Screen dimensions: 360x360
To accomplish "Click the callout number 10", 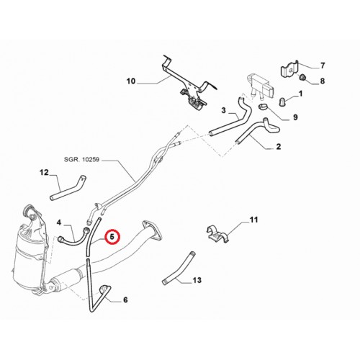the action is pyautogui.click(x=131, y=81).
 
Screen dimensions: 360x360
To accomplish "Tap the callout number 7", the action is pyautogui.click(x=323, y=66).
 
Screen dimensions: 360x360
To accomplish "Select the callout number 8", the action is pyautogui.click(x=323, y=81).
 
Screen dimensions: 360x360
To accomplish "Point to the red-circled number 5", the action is pyautogui.click(x=112, y=237).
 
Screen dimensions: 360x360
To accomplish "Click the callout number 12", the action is pyautogui.click(x=44, y=172).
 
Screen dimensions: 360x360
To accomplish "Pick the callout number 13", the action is pyautogui.click(x=197, y=280).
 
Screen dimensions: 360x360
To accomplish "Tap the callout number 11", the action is pyautogui.click(x=253, y=220).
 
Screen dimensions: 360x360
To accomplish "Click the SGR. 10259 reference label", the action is pyautogui.click(x=81, y=160).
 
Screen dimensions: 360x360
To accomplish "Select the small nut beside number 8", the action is pyautogui.click(x=303, y=77).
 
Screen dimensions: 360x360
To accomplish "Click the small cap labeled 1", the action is pyautogui.click(x=282, y=102).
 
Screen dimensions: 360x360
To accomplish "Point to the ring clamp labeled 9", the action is pyautogui.click(x=264, y=107).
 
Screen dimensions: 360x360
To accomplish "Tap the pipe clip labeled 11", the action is pyautogui.click(x=217, y=234).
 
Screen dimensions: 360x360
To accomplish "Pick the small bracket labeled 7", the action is pyautogui.click(x=289, y=69).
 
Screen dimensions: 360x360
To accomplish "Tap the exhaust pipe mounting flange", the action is pyautogui.click(x=152, y=230).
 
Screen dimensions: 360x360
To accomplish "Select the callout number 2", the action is pyautogui.click(x=279, y=146).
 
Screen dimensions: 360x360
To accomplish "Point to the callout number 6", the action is pyautogui.click(x=125, y=300).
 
